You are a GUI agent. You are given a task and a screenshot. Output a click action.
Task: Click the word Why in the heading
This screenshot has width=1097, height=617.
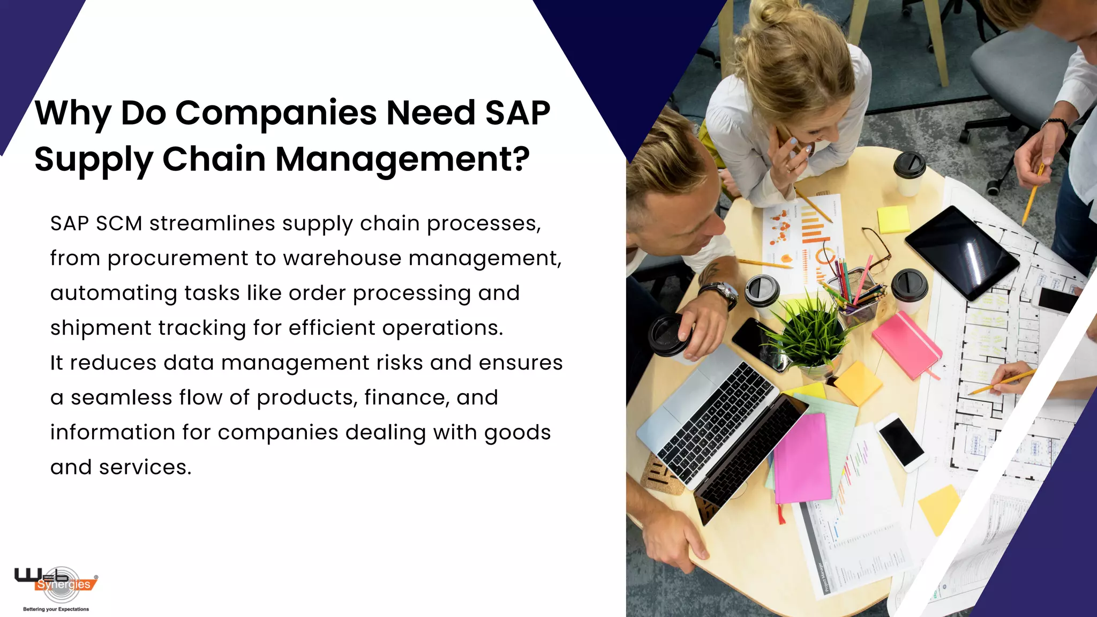click(x=73, y=114)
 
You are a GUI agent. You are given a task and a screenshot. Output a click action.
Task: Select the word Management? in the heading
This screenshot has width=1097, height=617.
click(x=402, y=160)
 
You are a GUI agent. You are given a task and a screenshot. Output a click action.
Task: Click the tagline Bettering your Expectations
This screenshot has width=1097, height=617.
click(x=56, y=609)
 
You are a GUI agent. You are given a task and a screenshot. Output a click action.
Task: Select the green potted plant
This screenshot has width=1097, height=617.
click(x=809, y=332)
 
